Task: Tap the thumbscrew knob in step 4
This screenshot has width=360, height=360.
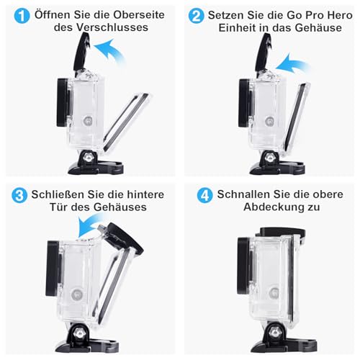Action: [276, 331]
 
